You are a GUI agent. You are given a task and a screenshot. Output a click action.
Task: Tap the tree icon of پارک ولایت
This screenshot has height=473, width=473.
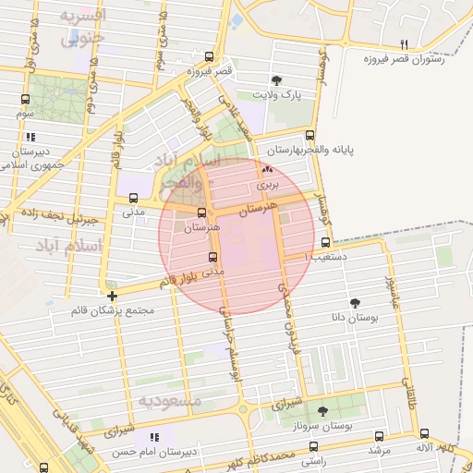(x=276, y=80)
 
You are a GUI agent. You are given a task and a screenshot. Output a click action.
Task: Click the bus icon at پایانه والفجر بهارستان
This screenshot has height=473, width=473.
(x=309, y=134)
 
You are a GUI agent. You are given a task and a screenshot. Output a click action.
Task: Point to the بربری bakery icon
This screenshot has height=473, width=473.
(x=268, y=170)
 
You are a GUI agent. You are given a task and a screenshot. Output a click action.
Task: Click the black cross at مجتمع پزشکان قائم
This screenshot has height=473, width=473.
(x=112, y=297)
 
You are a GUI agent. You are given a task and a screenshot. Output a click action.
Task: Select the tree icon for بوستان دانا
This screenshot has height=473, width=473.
(x=355, y=301)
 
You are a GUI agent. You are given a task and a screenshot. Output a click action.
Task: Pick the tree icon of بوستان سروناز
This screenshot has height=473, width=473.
(x=321, y=410)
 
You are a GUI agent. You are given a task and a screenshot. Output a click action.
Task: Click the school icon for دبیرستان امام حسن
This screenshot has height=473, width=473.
(x=154, y=436)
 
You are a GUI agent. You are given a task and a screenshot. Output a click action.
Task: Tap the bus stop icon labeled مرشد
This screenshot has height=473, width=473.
(x=377, y=434)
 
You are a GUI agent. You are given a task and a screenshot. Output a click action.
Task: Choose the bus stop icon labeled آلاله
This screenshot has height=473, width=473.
(x=424, y=433)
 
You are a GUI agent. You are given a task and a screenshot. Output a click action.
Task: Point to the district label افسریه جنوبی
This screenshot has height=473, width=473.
(x=84, y=27)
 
